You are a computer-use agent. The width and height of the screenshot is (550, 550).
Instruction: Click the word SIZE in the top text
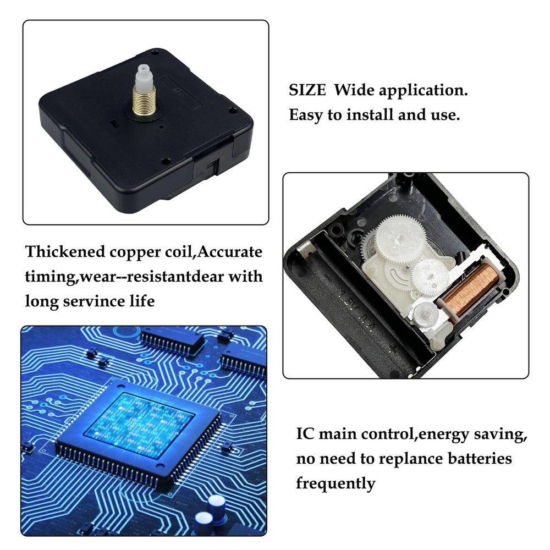point(307,90)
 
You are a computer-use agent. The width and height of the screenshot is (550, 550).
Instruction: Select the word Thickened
point(65,252)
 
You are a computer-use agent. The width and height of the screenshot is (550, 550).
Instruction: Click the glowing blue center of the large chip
point(139,426)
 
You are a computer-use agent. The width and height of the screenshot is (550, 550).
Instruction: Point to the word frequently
point(335,484)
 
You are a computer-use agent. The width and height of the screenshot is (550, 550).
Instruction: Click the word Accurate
point(229,252)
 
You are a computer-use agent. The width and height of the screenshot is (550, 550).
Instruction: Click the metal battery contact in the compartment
point(304,249)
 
